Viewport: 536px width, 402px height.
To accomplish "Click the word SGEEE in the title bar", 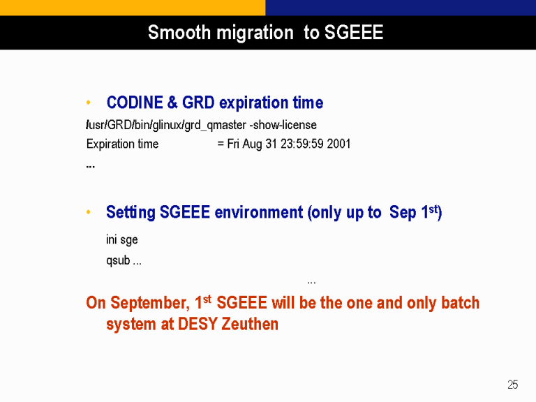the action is (353, 33).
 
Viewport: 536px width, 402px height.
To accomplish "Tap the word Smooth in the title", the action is (179, 33).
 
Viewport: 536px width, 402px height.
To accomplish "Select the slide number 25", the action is (513, 385).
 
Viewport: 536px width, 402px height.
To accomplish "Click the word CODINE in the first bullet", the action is (135, 103).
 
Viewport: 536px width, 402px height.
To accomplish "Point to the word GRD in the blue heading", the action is (198, 103).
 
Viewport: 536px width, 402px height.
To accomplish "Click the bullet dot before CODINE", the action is (89, 102).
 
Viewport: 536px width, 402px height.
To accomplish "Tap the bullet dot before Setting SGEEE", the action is (89, 212).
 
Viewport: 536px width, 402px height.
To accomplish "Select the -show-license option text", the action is (283, 125).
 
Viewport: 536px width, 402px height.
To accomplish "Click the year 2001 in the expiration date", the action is (338, 144).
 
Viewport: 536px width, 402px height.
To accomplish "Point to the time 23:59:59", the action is (301, 144).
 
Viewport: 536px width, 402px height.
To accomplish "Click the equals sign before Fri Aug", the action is (221, 144).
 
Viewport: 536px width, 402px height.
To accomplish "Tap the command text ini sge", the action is (121, 239).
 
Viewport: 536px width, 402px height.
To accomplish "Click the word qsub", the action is (118, 260).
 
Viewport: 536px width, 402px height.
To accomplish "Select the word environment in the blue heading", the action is (259, 212).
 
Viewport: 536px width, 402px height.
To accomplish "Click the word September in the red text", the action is (150, 303).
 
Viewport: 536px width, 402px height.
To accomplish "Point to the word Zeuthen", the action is (250, 324).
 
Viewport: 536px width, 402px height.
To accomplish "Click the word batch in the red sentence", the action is (461, 302).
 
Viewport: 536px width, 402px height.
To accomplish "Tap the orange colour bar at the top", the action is (133, 8).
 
